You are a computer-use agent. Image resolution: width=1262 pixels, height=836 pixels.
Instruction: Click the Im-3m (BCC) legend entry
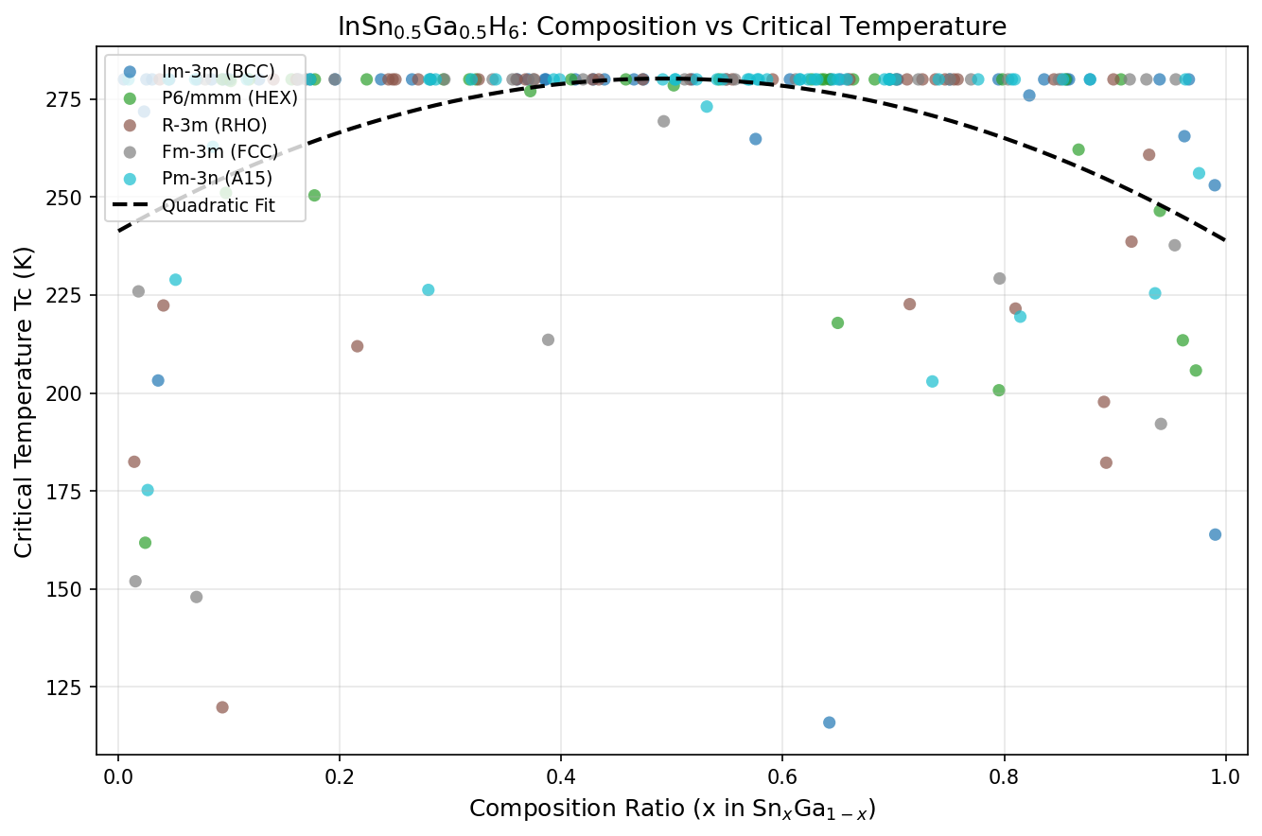[x=218, y=72]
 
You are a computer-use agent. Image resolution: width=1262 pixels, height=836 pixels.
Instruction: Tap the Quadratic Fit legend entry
[x=219, y=205]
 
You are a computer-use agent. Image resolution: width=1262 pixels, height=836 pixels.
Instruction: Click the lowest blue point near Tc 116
[x=829, y=723]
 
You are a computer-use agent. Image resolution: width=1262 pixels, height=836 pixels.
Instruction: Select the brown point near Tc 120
[x=222, y=707]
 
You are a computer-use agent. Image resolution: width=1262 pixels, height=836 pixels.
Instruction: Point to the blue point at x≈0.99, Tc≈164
[x=1215, y=534]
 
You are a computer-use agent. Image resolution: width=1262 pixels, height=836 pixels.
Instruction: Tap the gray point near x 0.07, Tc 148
[x=196, y=597]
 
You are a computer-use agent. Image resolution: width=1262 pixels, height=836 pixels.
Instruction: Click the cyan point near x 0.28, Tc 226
[x=428, y=289]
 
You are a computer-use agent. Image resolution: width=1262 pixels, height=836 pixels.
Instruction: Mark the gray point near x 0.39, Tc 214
[x=548, y=340]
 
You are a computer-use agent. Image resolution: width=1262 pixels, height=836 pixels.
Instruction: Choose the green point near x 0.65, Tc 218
[x=837, y=322]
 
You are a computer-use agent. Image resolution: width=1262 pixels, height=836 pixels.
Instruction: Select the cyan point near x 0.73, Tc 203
[x=932, y=381]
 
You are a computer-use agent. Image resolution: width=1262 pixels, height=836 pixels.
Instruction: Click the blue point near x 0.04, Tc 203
[x=158, y=380]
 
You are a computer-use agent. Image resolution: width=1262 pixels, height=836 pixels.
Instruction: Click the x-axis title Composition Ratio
[x=672, y=810]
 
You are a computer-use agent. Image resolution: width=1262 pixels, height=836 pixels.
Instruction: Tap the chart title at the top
[x=672, y=27]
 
